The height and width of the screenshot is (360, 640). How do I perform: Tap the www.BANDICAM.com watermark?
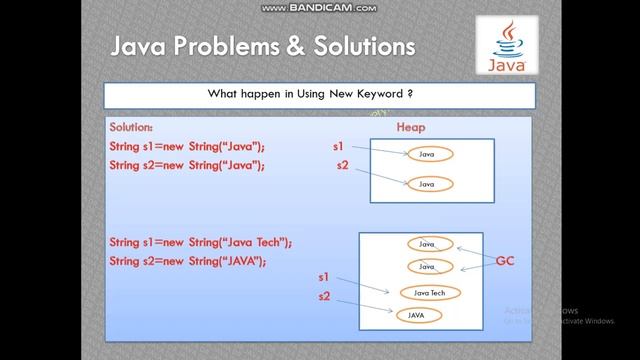point(319,8)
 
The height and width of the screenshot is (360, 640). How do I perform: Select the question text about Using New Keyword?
point(319,94)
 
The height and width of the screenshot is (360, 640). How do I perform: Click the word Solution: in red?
point(132,128)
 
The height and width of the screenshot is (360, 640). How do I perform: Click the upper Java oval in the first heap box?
point(427,154)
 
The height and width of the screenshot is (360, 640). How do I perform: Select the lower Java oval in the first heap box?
point(427,184)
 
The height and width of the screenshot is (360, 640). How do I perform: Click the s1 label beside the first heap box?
point(338,146)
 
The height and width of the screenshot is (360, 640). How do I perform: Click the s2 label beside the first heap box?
point(342,164)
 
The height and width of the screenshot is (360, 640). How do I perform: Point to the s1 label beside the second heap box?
point(323,276)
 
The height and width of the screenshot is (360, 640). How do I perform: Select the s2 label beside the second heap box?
point(323,297)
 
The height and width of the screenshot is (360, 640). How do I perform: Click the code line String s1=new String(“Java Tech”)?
point(200,243)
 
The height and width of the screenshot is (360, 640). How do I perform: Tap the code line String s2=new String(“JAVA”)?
point(187,261)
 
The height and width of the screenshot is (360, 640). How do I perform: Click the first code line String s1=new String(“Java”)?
point(187,146)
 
